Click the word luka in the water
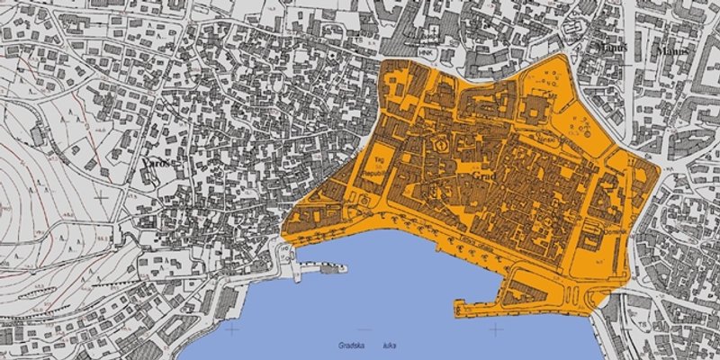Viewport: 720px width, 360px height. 390,345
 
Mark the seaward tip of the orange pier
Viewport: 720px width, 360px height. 459,312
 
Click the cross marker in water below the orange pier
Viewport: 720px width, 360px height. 496,329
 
